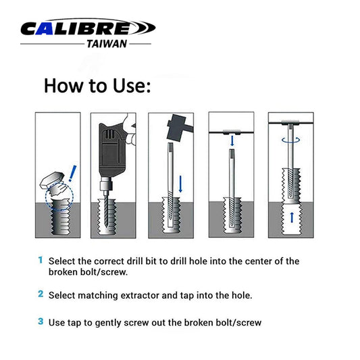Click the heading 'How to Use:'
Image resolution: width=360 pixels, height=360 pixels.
[x=97, y=86]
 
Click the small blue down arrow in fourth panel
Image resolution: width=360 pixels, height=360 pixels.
[x=232, y=140]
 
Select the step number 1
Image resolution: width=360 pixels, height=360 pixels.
[x=40, y=260]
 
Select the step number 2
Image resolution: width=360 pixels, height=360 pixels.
[x=41, y=294]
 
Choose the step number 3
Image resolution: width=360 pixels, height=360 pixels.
[x=41, y=322]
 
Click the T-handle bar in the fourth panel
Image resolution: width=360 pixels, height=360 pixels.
[x=232, y=132]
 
